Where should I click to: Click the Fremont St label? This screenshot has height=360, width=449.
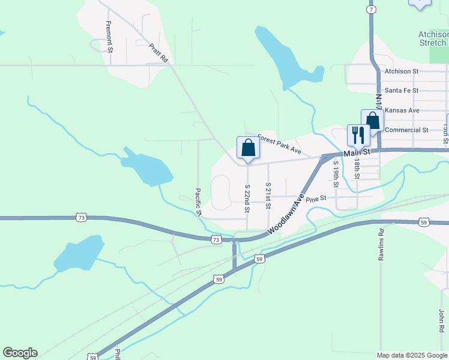click(x=109, y=36)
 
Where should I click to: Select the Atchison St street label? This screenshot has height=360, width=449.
click(x=402, y=71)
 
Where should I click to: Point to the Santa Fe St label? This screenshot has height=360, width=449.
click(x=402, y=90)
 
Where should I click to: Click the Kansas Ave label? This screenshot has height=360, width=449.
click(x=402, y=110)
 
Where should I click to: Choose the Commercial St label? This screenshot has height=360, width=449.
click(x=406, y=130)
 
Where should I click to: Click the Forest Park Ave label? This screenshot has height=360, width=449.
click(x=279, y=145)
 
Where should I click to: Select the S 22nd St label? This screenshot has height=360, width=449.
click(x=247, y=198)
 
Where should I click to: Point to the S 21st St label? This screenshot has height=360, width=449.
click(x=268, y=196)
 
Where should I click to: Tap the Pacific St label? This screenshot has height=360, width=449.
click(x=197, y=203)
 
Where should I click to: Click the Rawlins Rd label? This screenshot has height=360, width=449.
click(x=381, y=244)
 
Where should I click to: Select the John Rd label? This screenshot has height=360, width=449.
click(x=441, y=320)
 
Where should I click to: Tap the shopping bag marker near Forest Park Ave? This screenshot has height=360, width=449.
click(x=248, y=148)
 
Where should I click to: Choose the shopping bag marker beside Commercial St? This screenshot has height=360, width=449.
click(x=372, y=121)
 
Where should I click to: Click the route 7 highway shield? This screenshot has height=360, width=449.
click(x=372, y=10)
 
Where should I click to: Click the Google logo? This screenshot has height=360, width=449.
click(x=20, y=353)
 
